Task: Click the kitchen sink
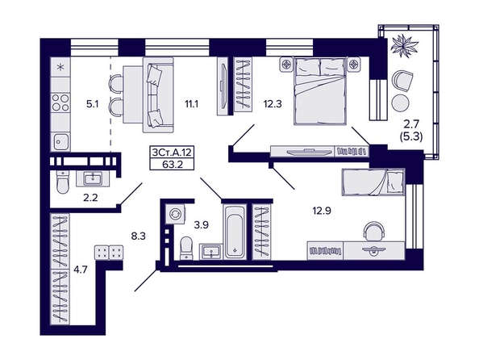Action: pos(60,141)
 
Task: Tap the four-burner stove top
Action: pos(60,103)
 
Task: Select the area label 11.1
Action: pos(192,104)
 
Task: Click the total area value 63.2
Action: pos(173,165)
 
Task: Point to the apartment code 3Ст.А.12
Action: pos(172,152)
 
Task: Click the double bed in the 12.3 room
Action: pos(320,91)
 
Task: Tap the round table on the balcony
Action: pos(401,103)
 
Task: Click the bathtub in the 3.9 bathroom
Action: pos(235,232)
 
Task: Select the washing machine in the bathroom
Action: pos(175,214)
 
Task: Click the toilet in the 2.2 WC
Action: pos(63,182)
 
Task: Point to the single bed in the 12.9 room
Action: pos(373,182)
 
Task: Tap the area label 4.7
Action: pos(81,270)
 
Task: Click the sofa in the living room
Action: pos(158,94)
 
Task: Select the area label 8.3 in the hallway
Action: pos(139,237)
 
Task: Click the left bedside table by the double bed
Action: pos(286,65)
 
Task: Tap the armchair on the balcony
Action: pos(402,81)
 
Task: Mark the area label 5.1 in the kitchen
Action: pos(92,104)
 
